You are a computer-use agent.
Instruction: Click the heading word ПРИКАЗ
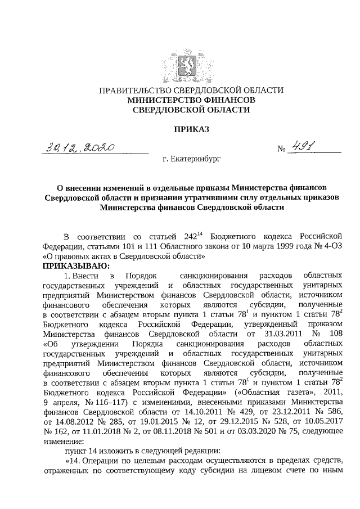(x=191, y=129)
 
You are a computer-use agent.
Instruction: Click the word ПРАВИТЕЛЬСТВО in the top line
(x=135, y=90)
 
